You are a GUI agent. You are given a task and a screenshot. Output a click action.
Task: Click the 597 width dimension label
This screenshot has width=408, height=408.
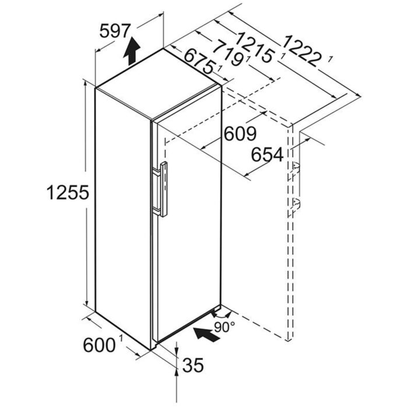115,31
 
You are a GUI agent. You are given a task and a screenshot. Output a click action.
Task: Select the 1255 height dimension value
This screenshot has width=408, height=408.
68,193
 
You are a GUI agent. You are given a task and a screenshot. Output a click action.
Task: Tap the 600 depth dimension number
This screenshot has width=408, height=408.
99,346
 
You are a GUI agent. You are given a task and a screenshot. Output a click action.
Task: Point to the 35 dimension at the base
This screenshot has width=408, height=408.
193,365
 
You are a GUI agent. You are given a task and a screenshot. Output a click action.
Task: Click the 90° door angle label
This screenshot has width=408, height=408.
224,327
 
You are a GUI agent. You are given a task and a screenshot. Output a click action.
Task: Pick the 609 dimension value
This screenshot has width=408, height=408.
240,133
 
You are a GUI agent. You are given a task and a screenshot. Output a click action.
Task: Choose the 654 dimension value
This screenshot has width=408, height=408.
267,154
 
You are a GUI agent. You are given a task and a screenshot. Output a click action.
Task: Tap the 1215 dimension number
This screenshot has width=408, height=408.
255,47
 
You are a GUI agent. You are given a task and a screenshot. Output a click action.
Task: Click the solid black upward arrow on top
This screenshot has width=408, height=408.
132,51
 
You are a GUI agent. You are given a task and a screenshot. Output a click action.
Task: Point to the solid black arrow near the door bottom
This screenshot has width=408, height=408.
207,335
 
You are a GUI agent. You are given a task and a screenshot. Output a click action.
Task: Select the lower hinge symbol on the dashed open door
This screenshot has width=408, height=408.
296,202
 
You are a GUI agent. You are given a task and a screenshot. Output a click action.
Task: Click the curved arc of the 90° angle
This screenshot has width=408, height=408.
221,315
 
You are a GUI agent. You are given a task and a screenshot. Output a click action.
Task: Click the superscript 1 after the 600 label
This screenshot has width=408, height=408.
121,338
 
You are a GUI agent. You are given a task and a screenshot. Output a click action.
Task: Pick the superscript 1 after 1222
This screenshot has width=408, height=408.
330,59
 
